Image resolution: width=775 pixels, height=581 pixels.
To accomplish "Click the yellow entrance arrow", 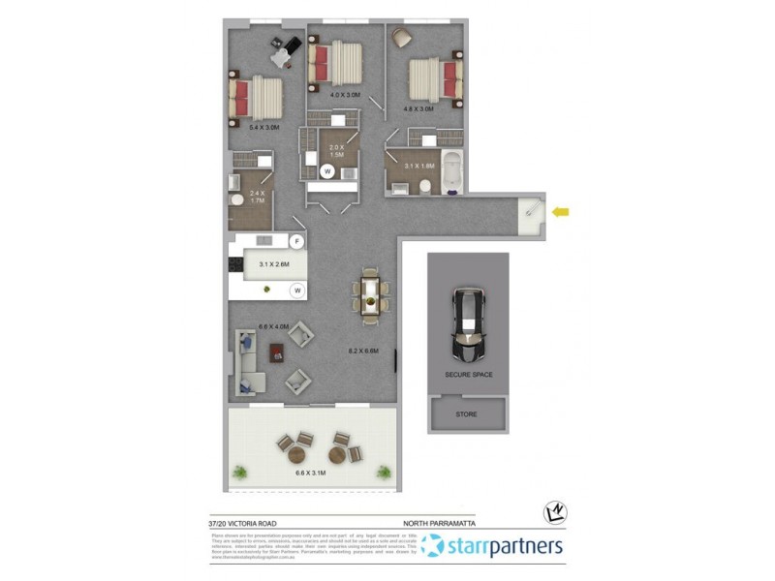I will click(561, 211).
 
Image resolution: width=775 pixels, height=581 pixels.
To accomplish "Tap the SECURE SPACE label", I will click(468, 374).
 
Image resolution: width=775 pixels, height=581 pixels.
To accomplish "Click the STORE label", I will click(467, 413).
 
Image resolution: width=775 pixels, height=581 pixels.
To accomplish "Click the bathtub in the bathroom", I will click(453, 170).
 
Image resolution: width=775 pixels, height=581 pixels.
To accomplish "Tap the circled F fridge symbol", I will click(297, 240).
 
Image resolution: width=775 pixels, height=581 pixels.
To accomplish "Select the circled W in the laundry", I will click(327, 171).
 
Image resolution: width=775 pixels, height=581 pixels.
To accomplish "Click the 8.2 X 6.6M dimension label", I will click(363, 351).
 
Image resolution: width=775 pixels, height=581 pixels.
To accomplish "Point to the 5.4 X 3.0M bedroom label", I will click(264, 127).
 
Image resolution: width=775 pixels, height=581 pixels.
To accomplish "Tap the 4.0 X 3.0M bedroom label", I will click(345, 95).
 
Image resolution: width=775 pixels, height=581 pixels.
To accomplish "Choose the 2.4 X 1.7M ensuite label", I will click(257, 199).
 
